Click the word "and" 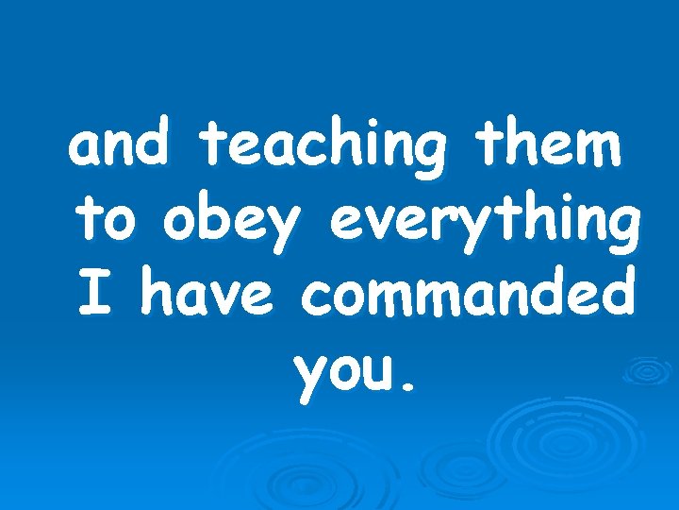(120, 145)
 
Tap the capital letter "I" (93, 294)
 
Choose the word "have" (211, 294)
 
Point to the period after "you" (406, 387)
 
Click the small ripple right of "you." (646, 371)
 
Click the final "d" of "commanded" (616, 294)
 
